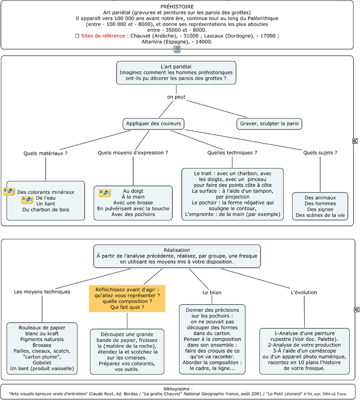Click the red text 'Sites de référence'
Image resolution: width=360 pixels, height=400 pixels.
pos(103,36)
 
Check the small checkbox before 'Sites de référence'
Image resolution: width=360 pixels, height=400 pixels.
pos(77,36)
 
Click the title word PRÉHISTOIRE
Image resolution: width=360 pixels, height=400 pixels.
pos(177,7)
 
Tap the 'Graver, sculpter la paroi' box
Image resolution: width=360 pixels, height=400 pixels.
pos(269,124)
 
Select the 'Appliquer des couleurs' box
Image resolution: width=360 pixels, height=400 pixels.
pos(153,124)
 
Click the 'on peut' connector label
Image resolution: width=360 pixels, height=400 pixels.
pos(176,97)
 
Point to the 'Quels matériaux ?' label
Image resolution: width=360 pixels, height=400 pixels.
pos(45,153)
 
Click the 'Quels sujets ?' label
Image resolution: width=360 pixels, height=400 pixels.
pos(320,153)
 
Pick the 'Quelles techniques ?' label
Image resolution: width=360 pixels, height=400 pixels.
pos(232,153)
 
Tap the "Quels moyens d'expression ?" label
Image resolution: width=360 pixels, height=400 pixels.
pos(133,153)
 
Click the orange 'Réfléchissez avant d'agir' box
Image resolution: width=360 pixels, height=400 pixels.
pos(127,298)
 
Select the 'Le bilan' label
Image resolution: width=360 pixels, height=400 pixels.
pos(212,292)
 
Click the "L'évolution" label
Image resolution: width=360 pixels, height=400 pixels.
pos(304,292)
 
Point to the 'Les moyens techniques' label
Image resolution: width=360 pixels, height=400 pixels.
pos(42,292)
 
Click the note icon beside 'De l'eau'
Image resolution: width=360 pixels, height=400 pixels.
pos(27,199)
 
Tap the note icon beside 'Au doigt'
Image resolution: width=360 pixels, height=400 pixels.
pos(105,193)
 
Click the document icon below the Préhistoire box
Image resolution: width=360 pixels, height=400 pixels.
pos(177,49)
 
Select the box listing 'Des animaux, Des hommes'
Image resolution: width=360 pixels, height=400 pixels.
pos(320,207)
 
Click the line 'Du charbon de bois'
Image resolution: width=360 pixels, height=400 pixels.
pos(45,210)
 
